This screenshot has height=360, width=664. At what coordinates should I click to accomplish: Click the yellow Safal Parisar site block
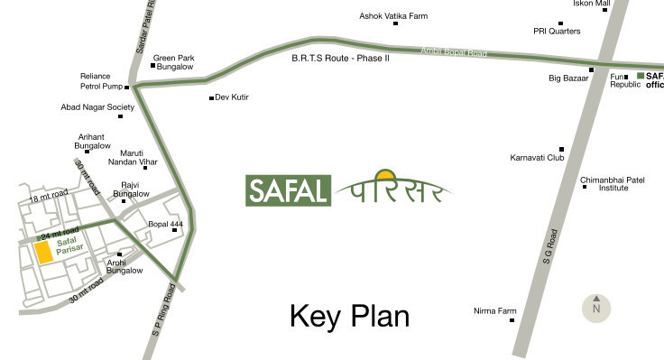(43, 253)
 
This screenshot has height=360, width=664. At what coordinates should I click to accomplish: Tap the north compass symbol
(595, 308)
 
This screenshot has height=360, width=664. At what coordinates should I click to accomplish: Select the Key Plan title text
(349, 316)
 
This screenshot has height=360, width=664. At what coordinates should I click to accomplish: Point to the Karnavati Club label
(537, 158)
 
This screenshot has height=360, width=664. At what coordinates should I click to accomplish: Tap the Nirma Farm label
(493, 311)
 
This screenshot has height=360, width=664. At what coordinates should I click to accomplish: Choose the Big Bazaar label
(568, 78)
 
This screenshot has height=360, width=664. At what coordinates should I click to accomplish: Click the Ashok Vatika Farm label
(393, 17)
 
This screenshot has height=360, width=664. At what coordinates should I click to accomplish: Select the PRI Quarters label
(557, 32)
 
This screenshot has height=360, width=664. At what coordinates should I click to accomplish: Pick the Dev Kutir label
(232, 97)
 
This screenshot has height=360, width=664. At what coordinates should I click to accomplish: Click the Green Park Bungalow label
(173, 62)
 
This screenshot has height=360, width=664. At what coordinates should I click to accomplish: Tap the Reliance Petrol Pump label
(100, 81)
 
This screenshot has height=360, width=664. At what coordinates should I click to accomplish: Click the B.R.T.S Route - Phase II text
(340, 58)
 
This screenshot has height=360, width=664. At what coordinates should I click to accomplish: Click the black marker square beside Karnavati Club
(561, 150)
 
